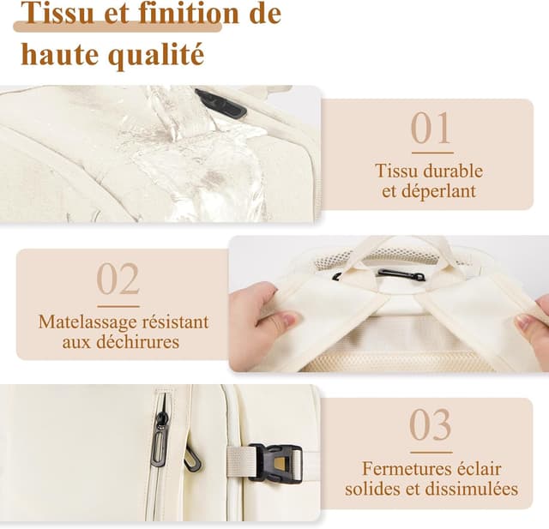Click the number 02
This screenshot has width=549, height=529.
coord(118,279)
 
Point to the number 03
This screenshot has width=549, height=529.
coord(430,424)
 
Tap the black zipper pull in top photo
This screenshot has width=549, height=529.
coord(220,104)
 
